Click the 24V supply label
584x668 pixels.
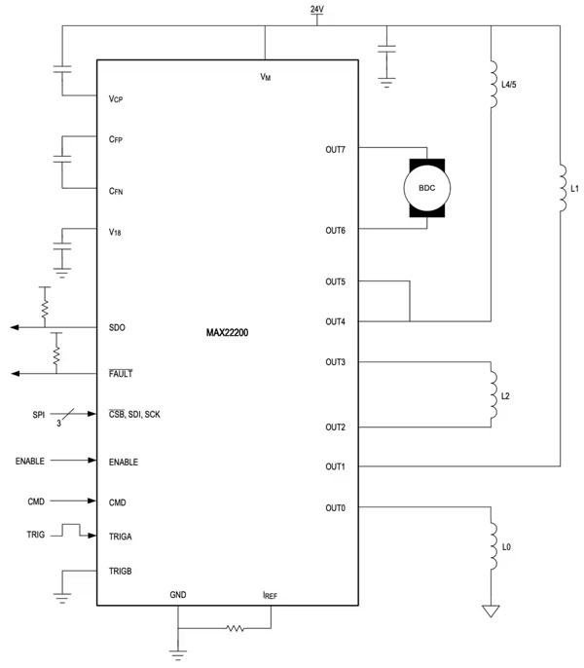(316, 9)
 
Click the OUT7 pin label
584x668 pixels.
(336, 149)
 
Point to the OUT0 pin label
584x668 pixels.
(336, 507)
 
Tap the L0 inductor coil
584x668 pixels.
(494, 547)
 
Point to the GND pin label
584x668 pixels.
(178, 593)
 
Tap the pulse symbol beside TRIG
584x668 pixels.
(69, 531)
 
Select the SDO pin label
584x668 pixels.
(119, 328)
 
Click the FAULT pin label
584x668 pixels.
(122, 373)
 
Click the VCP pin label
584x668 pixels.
(116, 98)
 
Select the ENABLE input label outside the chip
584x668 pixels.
(36, 461)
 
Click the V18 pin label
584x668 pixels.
(116, 232)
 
